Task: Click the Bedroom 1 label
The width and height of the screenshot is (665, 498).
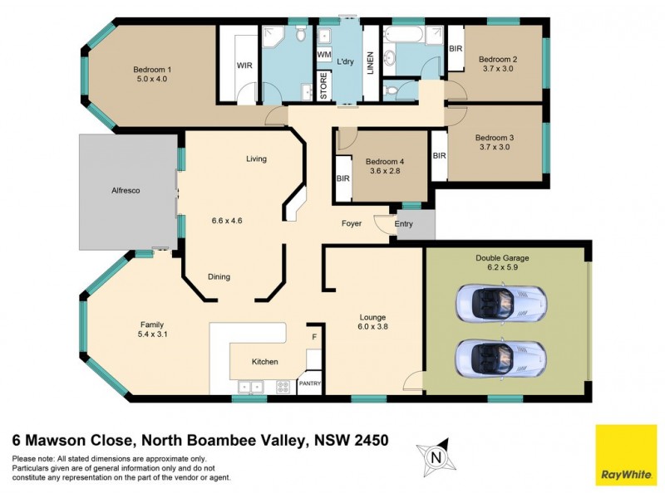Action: point(152,70)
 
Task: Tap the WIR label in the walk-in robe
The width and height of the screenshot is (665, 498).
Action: point(244,64)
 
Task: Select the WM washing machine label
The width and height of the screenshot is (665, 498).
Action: point(324,55)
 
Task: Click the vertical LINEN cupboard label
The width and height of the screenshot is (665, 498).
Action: point(370,64)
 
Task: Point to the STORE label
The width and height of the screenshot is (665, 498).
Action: point(324,87)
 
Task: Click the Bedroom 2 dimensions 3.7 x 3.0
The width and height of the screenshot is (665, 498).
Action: point(497,70)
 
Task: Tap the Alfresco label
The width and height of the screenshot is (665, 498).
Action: point(126,191)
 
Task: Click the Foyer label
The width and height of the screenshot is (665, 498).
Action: point(351,224)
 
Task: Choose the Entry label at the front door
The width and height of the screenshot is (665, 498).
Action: point(403,224)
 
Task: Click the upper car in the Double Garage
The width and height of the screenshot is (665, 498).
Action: point(500,303)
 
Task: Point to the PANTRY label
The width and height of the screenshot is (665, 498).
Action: point(308,383)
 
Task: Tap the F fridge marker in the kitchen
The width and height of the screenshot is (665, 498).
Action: point(313,337)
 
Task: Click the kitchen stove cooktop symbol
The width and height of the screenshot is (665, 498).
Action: point(283,385)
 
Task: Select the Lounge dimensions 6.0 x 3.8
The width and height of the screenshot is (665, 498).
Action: point(372,326)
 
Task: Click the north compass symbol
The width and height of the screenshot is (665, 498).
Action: point(434,455)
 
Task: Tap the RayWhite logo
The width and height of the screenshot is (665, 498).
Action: point(625,456)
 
